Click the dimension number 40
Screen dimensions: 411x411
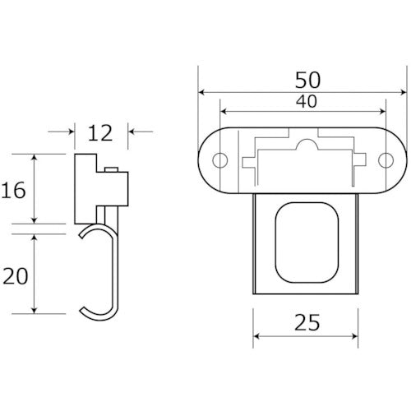[304, 102]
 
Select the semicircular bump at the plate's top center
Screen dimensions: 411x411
[305, 145]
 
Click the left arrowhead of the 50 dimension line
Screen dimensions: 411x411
[202, 92]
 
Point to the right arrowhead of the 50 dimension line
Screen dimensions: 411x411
[404, 92]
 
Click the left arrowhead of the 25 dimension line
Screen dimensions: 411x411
[256, 337]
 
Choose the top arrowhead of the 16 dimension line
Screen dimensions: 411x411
[34, 157]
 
